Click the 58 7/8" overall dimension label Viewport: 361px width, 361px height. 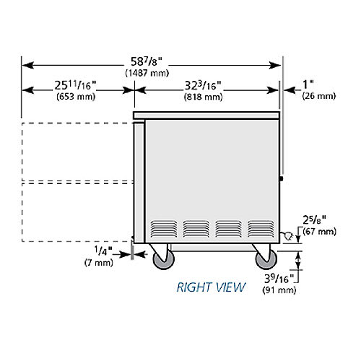pyautogui.click(x=147, y=62)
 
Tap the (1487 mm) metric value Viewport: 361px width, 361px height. pyautogui.click(x=147, y=73)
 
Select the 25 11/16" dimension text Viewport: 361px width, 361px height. pyautogui.click(x=75, y=85)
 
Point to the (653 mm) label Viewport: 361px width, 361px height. pyautogui.click(x=76, y=97)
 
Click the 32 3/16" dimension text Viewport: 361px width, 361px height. pyautogui.click(x=203, y=85)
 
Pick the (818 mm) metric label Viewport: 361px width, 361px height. pyautogui.click(x=204, y=97)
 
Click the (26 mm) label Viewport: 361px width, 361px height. pyautogui.click(x=319, y=96)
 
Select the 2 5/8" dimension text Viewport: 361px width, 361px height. pyautogui.click(x=314, y=220)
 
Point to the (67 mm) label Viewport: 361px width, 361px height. pyautogui.click(x=320, y=232)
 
